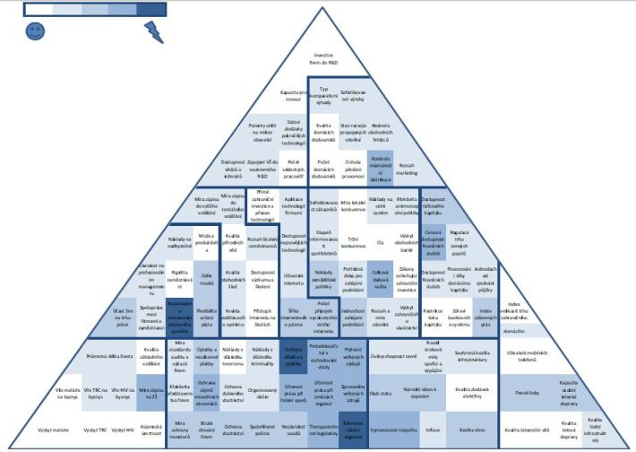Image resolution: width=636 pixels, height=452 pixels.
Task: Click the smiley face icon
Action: [35, 31]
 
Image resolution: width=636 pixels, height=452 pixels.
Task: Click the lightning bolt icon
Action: [153, 32]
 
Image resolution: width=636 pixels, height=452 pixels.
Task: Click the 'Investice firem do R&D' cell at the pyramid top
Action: [322, 58]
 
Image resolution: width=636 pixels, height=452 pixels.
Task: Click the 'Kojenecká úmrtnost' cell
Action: [150, 430]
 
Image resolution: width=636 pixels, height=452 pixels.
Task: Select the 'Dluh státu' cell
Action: [381, 392]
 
